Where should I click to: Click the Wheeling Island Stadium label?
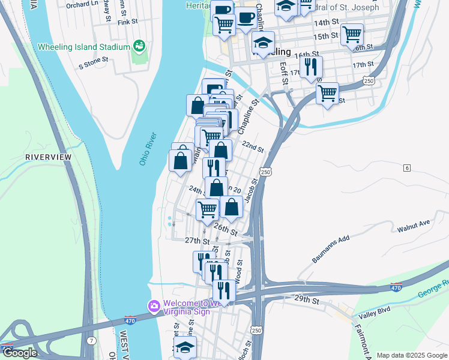(83, 47)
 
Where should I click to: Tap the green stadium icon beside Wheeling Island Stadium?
(139, 46)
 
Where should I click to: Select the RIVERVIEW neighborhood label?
(48, 157)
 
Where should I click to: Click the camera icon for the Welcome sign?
(154, 306)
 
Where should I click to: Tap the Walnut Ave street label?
(414, 226)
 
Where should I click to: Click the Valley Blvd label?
(375, 315)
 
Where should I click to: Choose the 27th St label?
(196, 240)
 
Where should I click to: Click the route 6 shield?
(407, 167)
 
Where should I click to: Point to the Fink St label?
(128, 22)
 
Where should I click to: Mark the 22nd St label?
(253, 147)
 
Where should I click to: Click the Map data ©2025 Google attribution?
(411, 355)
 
